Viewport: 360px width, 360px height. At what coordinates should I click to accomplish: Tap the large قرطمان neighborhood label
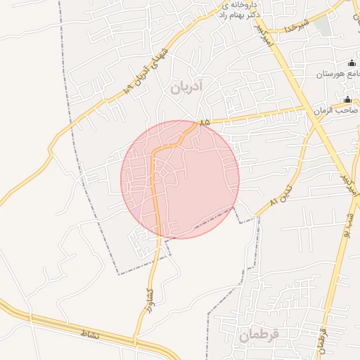pyautogui.click(x=258, y=335)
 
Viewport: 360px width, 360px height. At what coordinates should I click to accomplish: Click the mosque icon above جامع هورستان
pyautogui.click(x=352, y=63)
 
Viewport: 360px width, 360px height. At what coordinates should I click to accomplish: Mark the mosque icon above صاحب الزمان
pyautogui.click(x=347, y=99)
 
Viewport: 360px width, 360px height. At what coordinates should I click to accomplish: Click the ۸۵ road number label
pyautogui.click(x=205, y=123)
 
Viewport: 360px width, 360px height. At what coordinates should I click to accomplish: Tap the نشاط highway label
pyautogui.click(x=91, y=332)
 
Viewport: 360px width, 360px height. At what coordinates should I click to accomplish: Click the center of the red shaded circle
pyautogui.click(x=180, y=179)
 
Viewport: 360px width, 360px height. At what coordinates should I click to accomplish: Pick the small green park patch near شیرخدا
pyautogui.click(x=322, y=25)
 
